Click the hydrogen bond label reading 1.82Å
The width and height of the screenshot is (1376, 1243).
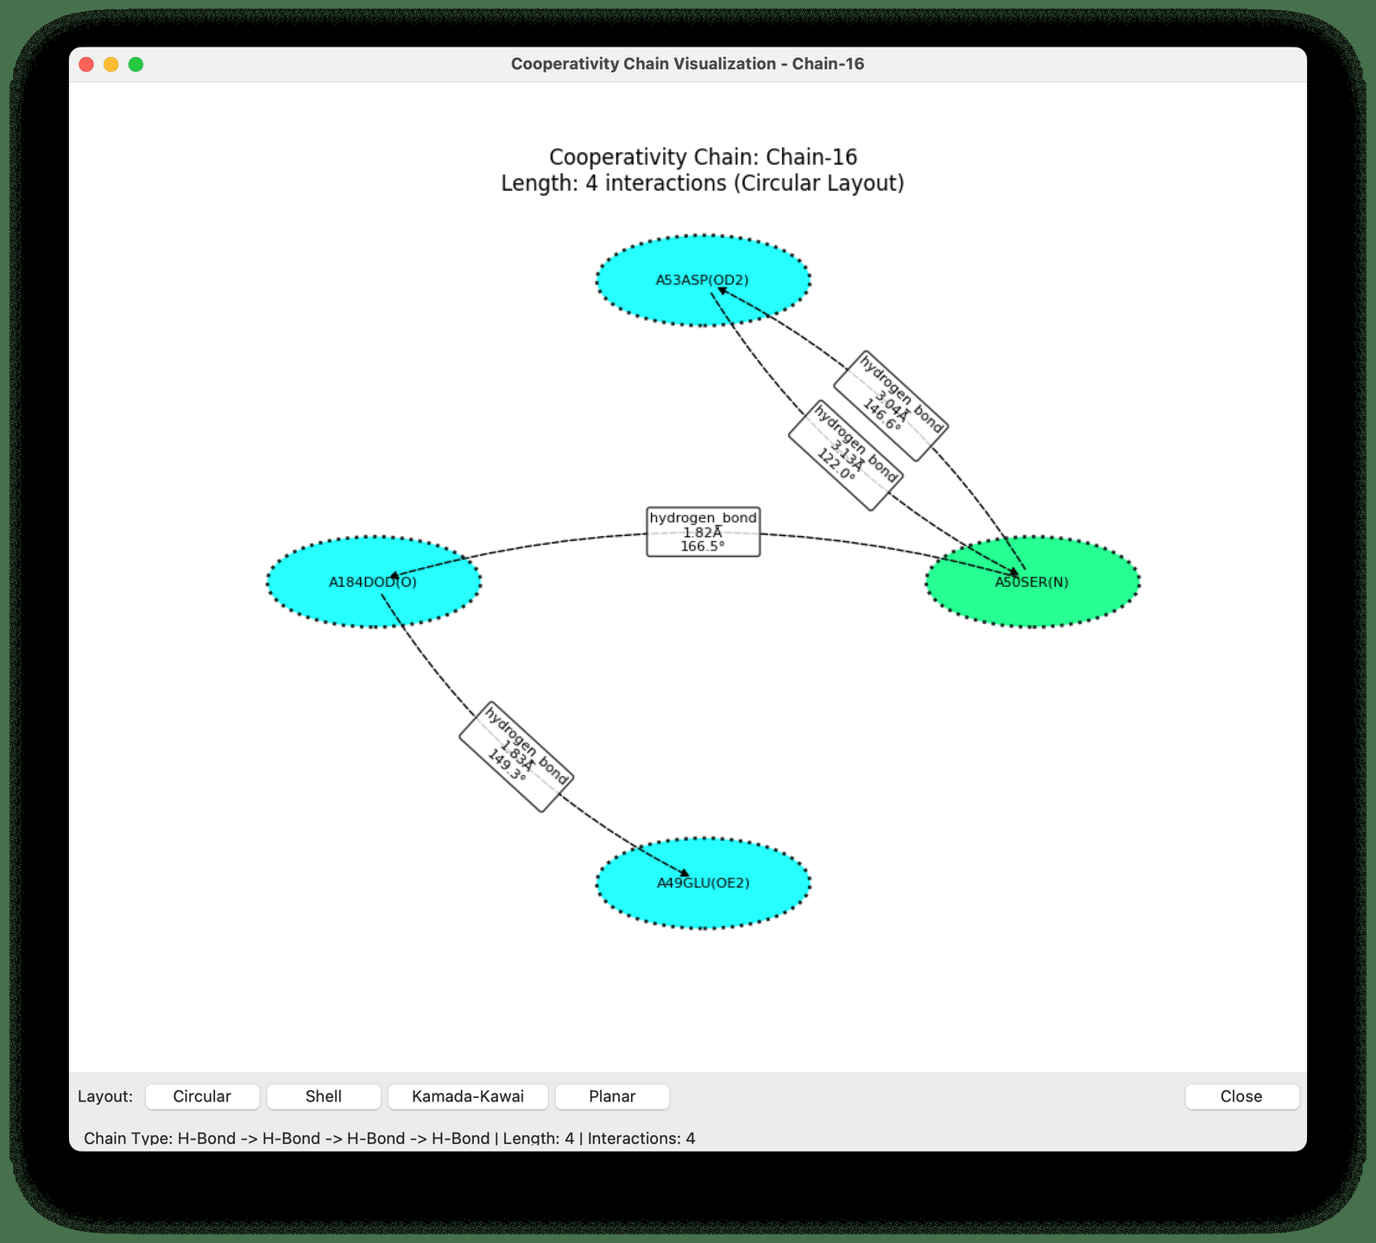point(703,532)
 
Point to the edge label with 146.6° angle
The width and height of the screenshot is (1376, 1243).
point(891,406)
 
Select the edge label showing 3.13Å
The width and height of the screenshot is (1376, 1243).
point(845,455)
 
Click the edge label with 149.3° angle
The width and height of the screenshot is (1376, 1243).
point(516,756)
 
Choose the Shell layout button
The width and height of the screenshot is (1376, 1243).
point(324,1096)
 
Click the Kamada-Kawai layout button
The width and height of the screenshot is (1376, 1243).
point(468,1096)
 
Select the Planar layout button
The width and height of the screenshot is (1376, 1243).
point(612,1096)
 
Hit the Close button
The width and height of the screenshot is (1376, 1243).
point(1241,1096)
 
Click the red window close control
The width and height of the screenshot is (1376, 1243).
point(86,64)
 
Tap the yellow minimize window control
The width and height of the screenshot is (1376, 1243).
point(111,64)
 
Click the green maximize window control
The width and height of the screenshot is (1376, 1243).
point(136,64)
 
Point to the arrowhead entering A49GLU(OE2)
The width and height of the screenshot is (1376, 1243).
point(685,874)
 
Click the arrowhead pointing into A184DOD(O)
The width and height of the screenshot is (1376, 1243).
point(394,576)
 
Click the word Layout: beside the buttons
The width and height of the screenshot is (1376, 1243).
point(105,1096)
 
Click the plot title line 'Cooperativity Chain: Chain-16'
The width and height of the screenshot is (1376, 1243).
point(703,157)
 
